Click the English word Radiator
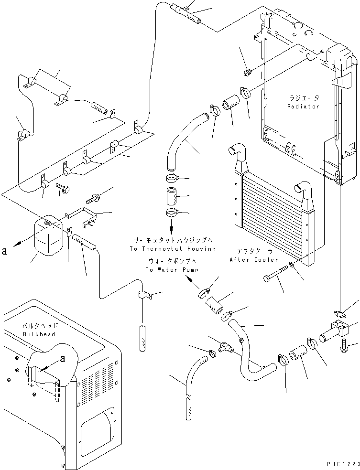point(303,106)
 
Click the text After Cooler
point(254,260)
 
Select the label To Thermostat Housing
point(172,249)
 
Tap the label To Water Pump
point(173,270)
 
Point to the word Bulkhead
point(39,334)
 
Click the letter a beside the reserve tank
point(4,249)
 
